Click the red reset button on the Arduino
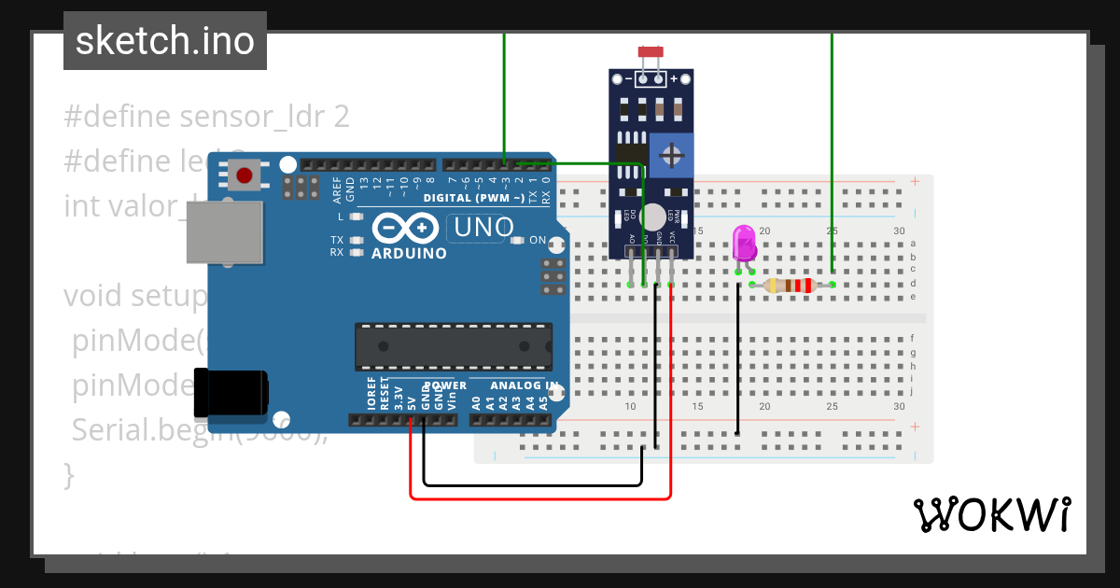(245, 175)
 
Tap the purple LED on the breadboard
(744, 244)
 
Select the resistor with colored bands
(790, 286)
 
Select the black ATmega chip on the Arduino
(453, 345)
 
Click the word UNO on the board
(483, 227)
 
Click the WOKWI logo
(991, 514)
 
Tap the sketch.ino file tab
(165, 41)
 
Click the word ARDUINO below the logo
(409, 253)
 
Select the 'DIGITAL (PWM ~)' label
(473, 198)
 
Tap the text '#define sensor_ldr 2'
(206, 117)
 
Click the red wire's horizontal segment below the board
(541, 498)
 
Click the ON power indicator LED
(520, 241)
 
